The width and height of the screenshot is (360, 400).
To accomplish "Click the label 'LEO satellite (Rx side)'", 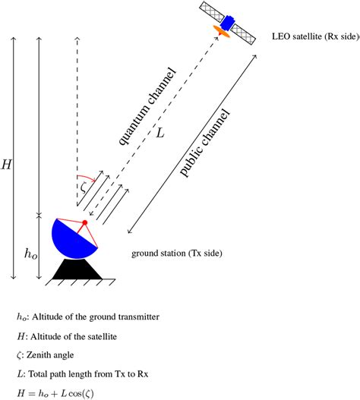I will pyautogui.click(x=313, y=35).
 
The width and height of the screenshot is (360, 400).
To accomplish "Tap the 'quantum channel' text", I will pyautogui.click(x=147, y=106).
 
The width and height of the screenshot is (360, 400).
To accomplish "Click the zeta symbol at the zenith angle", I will pyautogui.click(x=83, y=185).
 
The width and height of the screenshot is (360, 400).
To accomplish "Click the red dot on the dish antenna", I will pyautogui.click(x=85, y=222).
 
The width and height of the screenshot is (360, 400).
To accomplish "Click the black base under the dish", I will pyautogui.click(x=79, y=269).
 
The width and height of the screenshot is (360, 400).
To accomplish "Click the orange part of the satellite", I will pyautogui.click(x=223, y=30).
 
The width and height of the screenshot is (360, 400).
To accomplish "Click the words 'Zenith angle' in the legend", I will pyautogui.click(x=53, y=354).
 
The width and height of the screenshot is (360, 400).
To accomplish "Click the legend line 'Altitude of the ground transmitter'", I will pyautogui.click(x=87, y=316).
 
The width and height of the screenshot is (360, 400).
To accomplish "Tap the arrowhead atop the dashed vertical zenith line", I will pyautogui.click(x=77, y=36).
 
